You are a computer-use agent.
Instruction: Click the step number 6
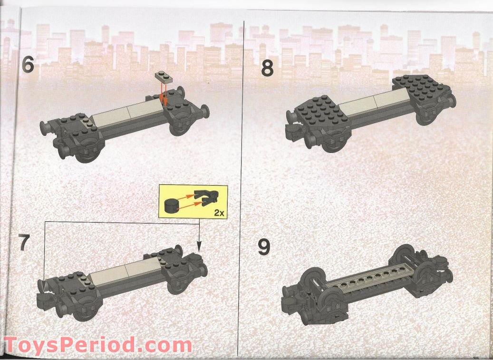point(28,65)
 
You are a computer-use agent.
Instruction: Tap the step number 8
point(268,68)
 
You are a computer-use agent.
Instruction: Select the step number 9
point(265,247)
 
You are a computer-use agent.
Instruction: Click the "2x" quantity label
point(218,212)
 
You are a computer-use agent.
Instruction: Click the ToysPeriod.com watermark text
point(97,345)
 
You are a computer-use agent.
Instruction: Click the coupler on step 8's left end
point(294,133)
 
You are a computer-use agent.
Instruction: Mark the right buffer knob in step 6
point(205,114)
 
